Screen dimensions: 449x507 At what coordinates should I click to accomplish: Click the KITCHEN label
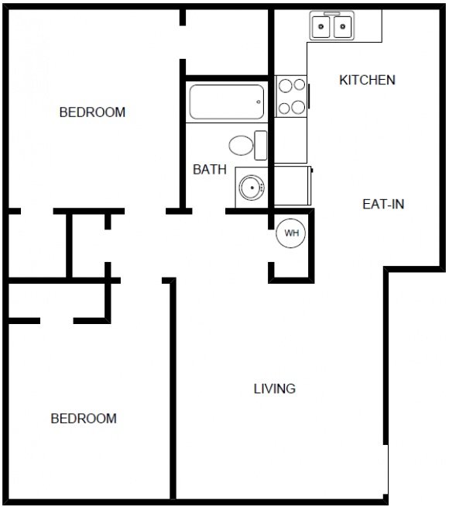[368, 80]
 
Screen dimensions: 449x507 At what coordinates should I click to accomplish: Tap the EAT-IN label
[383, 204]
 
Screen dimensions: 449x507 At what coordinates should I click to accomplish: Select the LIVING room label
[274, 388]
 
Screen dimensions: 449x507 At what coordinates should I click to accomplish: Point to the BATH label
[210, 170]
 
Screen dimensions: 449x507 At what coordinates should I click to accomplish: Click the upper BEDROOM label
[92, 112]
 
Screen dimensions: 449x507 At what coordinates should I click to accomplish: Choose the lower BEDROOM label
[84, 419]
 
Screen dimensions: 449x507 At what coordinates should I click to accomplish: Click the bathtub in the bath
[227, 102]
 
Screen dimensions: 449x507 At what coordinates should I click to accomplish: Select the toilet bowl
[241, 145]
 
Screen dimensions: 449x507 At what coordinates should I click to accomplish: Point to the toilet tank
[260, 145]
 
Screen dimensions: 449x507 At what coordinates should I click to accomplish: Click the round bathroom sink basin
[252, 188]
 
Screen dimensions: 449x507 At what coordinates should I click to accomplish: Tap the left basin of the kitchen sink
[320, 27]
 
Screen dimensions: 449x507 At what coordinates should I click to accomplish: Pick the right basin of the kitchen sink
[342, 27]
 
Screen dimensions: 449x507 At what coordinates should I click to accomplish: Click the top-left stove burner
[286, 86]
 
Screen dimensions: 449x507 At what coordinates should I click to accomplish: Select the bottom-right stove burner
[299, 107]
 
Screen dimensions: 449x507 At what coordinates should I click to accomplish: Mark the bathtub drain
[259, 102]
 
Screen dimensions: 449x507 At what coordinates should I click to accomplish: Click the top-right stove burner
[300, 84]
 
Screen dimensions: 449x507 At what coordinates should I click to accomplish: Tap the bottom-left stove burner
[284, 109]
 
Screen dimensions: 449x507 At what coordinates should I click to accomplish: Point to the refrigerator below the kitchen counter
[293, 185]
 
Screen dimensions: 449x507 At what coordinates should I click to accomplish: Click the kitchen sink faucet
[332, 14]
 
